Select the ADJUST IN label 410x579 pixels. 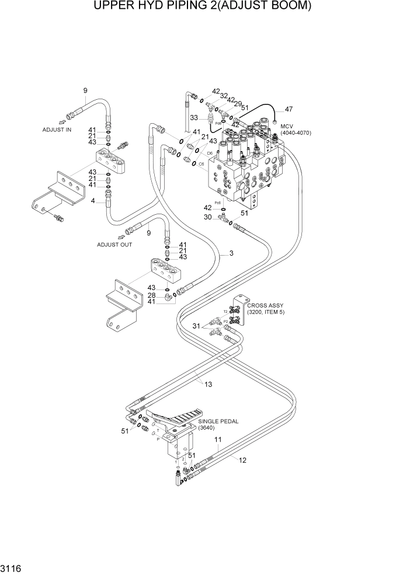(57, 130)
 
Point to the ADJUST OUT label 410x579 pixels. (114, 245)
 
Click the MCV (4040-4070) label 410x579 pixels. (296, 130)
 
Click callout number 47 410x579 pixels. (289, 109)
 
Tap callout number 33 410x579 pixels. (194, 118)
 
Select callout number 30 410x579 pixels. (207, 217)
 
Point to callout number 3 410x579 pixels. (231, 253)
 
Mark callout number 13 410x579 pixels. (208, 383)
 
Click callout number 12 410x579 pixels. (242, 460)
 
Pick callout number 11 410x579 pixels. (218, 440)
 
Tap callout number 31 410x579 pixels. (197, 326)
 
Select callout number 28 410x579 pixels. (152, 295)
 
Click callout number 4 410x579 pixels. (93, 201)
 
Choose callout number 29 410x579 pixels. (238, 103)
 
